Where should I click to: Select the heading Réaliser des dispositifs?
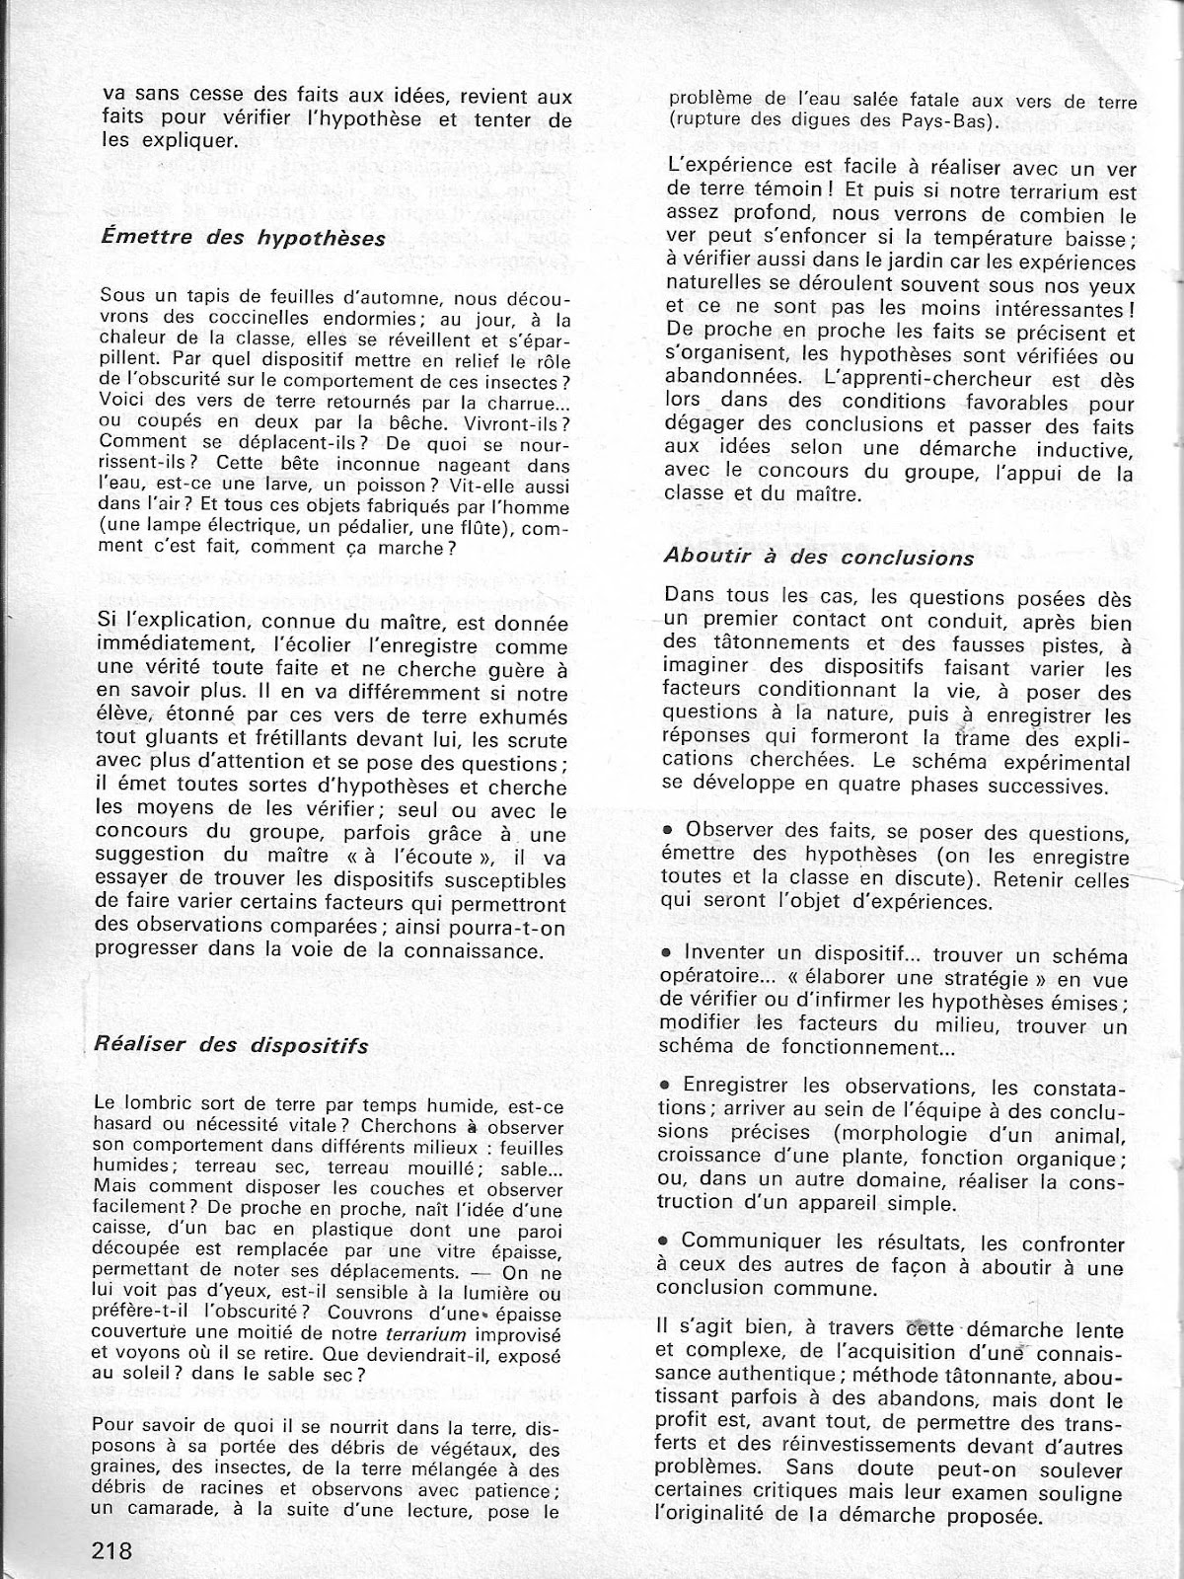click(x=232, y=1044)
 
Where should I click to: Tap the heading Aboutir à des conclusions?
click(x=819, y=558)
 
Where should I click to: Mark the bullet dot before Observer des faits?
click(x=669, y=830)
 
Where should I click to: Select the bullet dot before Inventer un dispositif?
click(x=669, y=955)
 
